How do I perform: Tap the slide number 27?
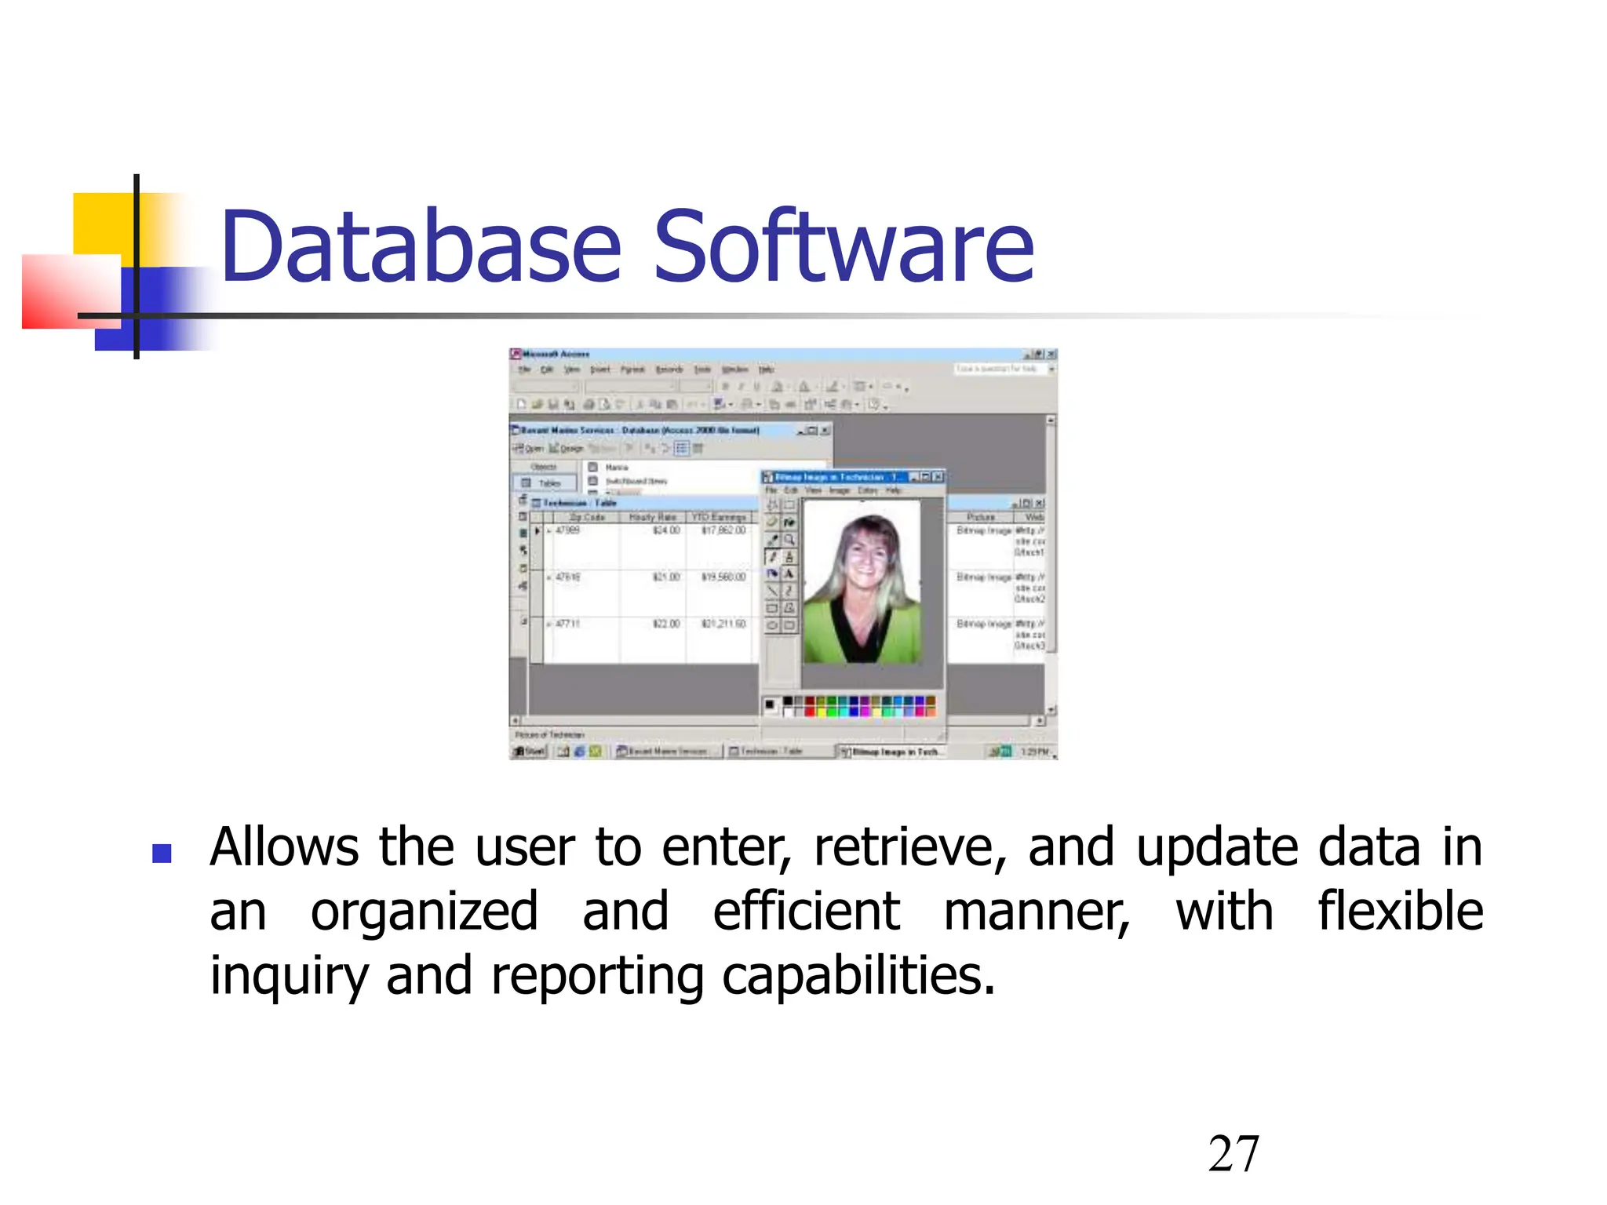click(1233, 1154)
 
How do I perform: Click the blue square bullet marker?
click(162, 853)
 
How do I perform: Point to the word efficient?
click(806, 912)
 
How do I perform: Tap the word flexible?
click(1400, 912)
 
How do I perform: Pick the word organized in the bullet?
click(424, 913)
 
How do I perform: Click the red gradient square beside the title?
click(71, 292)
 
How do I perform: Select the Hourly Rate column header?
click(652, 517)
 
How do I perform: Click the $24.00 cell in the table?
click(666, 531)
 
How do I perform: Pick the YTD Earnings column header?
click(719, 517)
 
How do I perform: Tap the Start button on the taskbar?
click(529, 752)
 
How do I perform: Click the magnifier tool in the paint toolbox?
click(789, 540)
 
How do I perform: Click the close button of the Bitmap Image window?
click(938, 476)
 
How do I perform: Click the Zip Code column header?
click(586, 517)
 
